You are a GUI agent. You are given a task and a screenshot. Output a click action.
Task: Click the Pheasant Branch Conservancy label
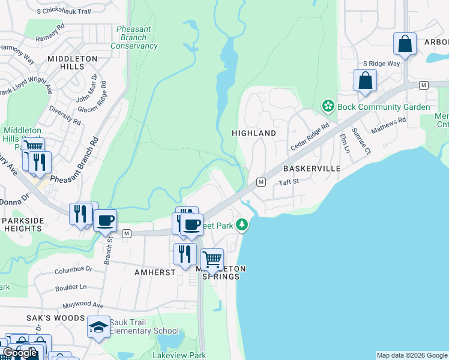click(134, 37)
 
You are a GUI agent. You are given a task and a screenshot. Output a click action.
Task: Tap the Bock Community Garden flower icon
click(328, 107)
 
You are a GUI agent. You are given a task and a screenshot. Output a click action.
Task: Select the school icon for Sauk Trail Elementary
click(98, 327)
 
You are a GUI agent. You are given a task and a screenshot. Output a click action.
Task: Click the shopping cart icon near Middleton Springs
click(211, 259)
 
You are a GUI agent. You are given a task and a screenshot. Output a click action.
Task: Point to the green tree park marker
click(242, 225)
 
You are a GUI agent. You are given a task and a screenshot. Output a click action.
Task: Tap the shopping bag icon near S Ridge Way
click(365, 81)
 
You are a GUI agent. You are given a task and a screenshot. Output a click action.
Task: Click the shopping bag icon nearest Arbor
click(405, 44)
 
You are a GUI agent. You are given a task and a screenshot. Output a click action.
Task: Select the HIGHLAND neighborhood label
click(255, 133)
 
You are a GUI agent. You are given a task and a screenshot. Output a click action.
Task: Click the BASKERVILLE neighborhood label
click(312, 169)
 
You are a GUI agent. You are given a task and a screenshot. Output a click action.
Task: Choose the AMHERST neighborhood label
click(155, 272)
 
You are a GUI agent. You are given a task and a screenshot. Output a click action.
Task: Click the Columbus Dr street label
click(73, 269)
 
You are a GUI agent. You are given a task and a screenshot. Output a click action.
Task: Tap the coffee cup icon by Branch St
click(105, 220)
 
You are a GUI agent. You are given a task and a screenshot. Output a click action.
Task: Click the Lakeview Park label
click(179, 355)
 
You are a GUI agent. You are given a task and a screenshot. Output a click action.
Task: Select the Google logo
click(20, 353)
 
